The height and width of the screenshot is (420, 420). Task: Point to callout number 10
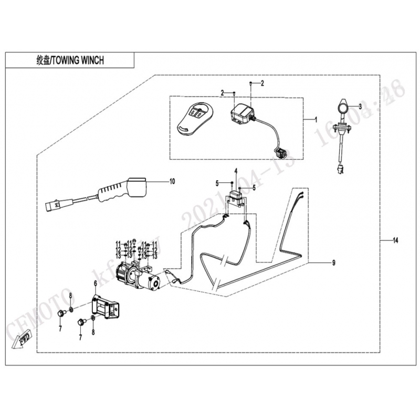point(172,182)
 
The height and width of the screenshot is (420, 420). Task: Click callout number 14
point(395,240)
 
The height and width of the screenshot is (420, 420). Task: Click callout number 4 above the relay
point(236,171)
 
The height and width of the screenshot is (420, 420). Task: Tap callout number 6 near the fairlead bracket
point(95,284)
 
